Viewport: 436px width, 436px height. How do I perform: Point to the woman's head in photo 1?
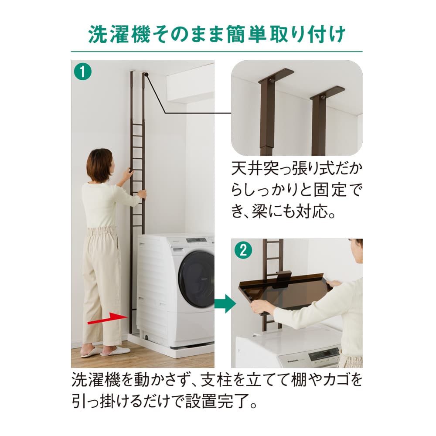pos(99,165)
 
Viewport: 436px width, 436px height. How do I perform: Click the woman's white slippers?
pos(105,351)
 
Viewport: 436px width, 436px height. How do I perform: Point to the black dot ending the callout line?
pos(147,75)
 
